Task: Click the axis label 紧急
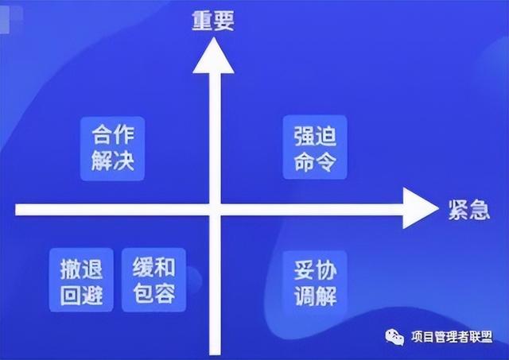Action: pyautogui.click(x=461, y=209)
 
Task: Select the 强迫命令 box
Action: pyautogui.click(x=312, y=149)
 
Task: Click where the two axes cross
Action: pyautogui.click(x=212, y=209)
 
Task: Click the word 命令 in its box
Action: pyautogui.click(x=312, y=162)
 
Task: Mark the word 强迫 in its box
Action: pyautogui.click(x=312, y=135)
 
